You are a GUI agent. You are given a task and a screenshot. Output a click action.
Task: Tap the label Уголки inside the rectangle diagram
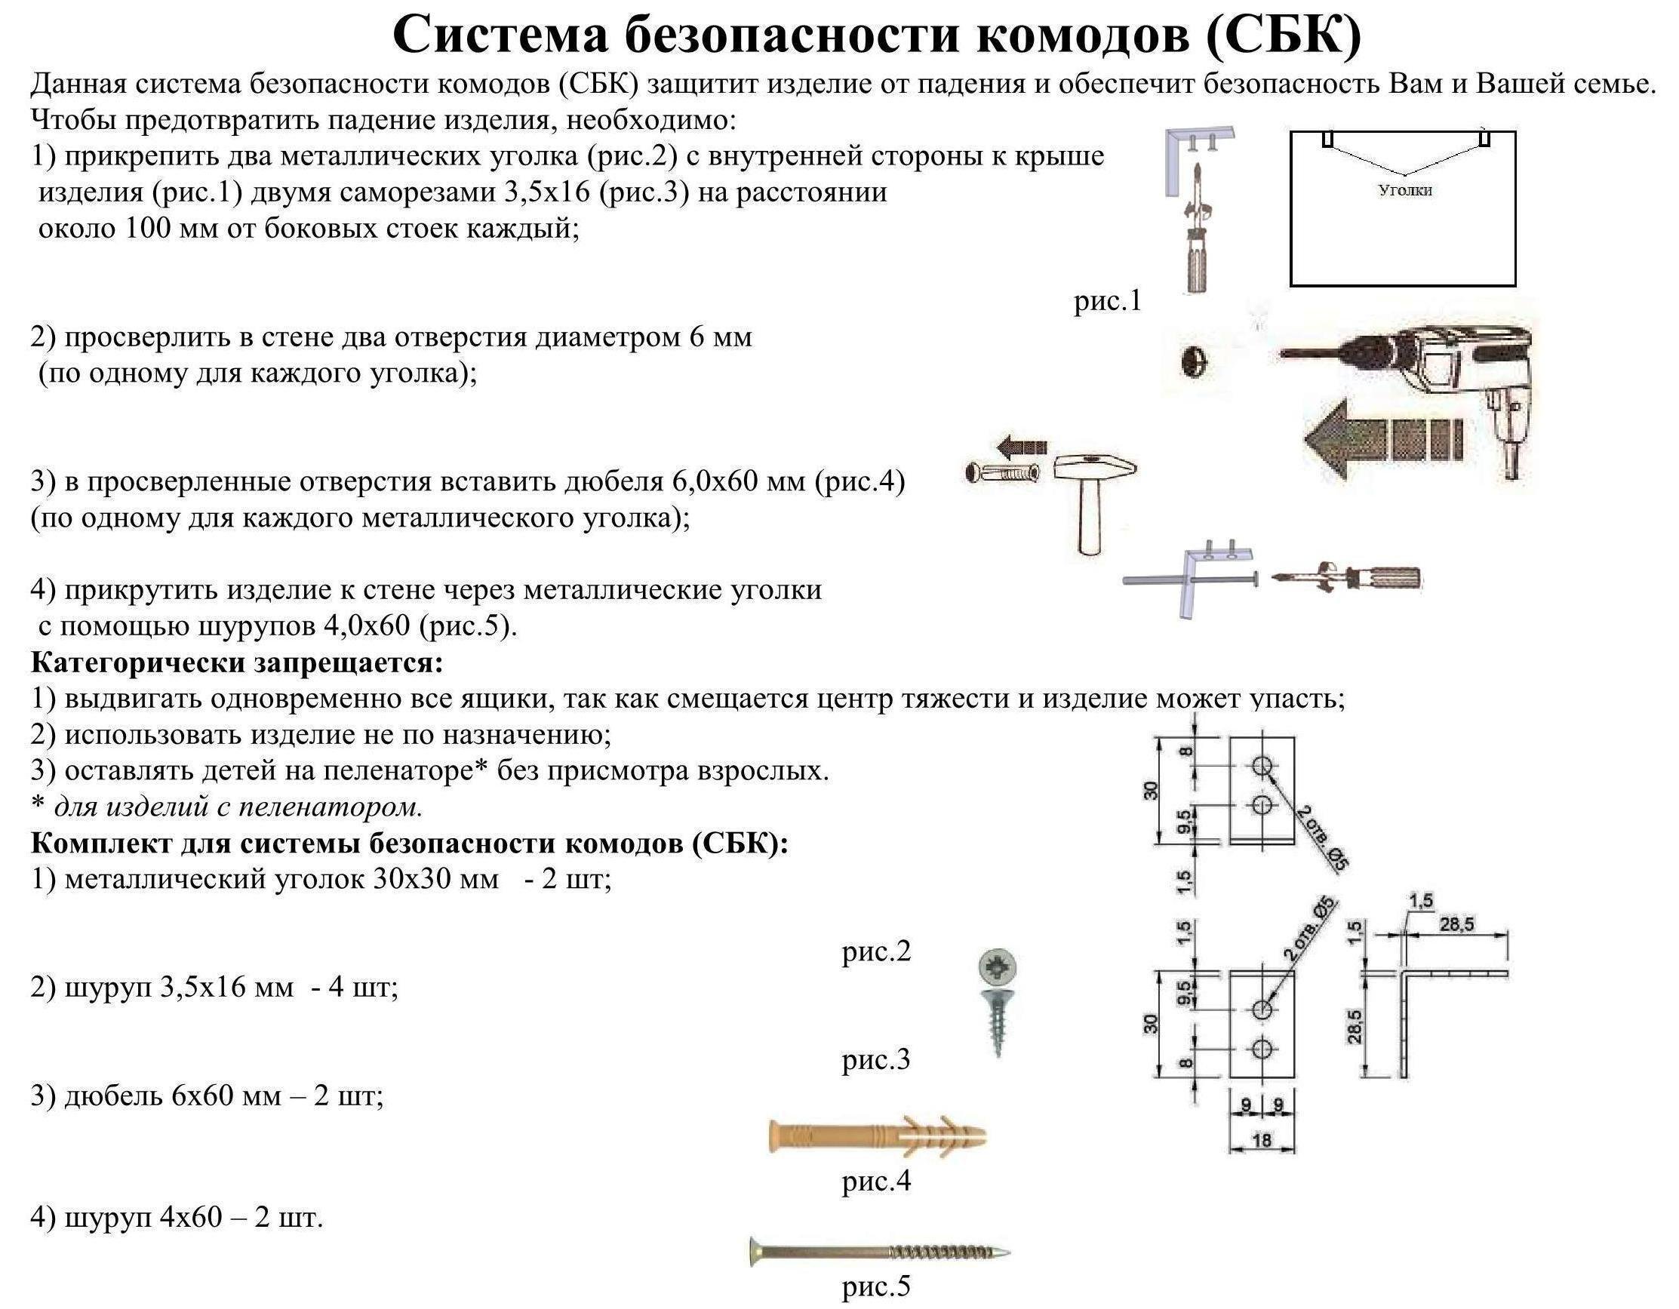(1404, 190)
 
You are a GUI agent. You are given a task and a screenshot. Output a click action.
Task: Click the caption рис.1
(1107, 300)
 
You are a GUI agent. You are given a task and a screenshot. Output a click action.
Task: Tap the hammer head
(1093, 467)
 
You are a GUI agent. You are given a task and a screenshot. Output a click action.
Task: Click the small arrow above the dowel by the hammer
(1022, 445)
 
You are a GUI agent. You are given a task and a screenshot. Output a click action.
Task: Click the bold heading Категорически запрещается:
(237, 662)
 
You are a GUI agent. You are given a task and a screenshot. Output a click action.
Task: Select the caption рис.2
(875, 951)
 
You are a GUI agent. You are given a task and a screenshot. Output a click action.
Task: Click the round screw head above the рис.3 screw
(998, 967)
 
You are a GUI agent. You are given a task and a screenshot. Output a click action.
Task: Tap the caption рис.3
(875, 1060)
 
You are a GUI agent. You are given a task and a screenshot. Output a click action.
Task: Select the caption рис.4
(875, 1181)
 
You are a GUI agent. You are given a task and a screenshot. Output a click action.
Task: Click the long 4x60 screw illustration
(878, 1252)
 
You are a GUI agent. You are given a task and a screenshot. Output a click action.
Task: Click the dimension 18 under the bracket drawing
(1262, 1140)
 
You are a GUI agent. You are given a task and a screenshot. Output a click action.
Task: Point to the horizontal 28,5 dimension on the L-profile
(1456, 925)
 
